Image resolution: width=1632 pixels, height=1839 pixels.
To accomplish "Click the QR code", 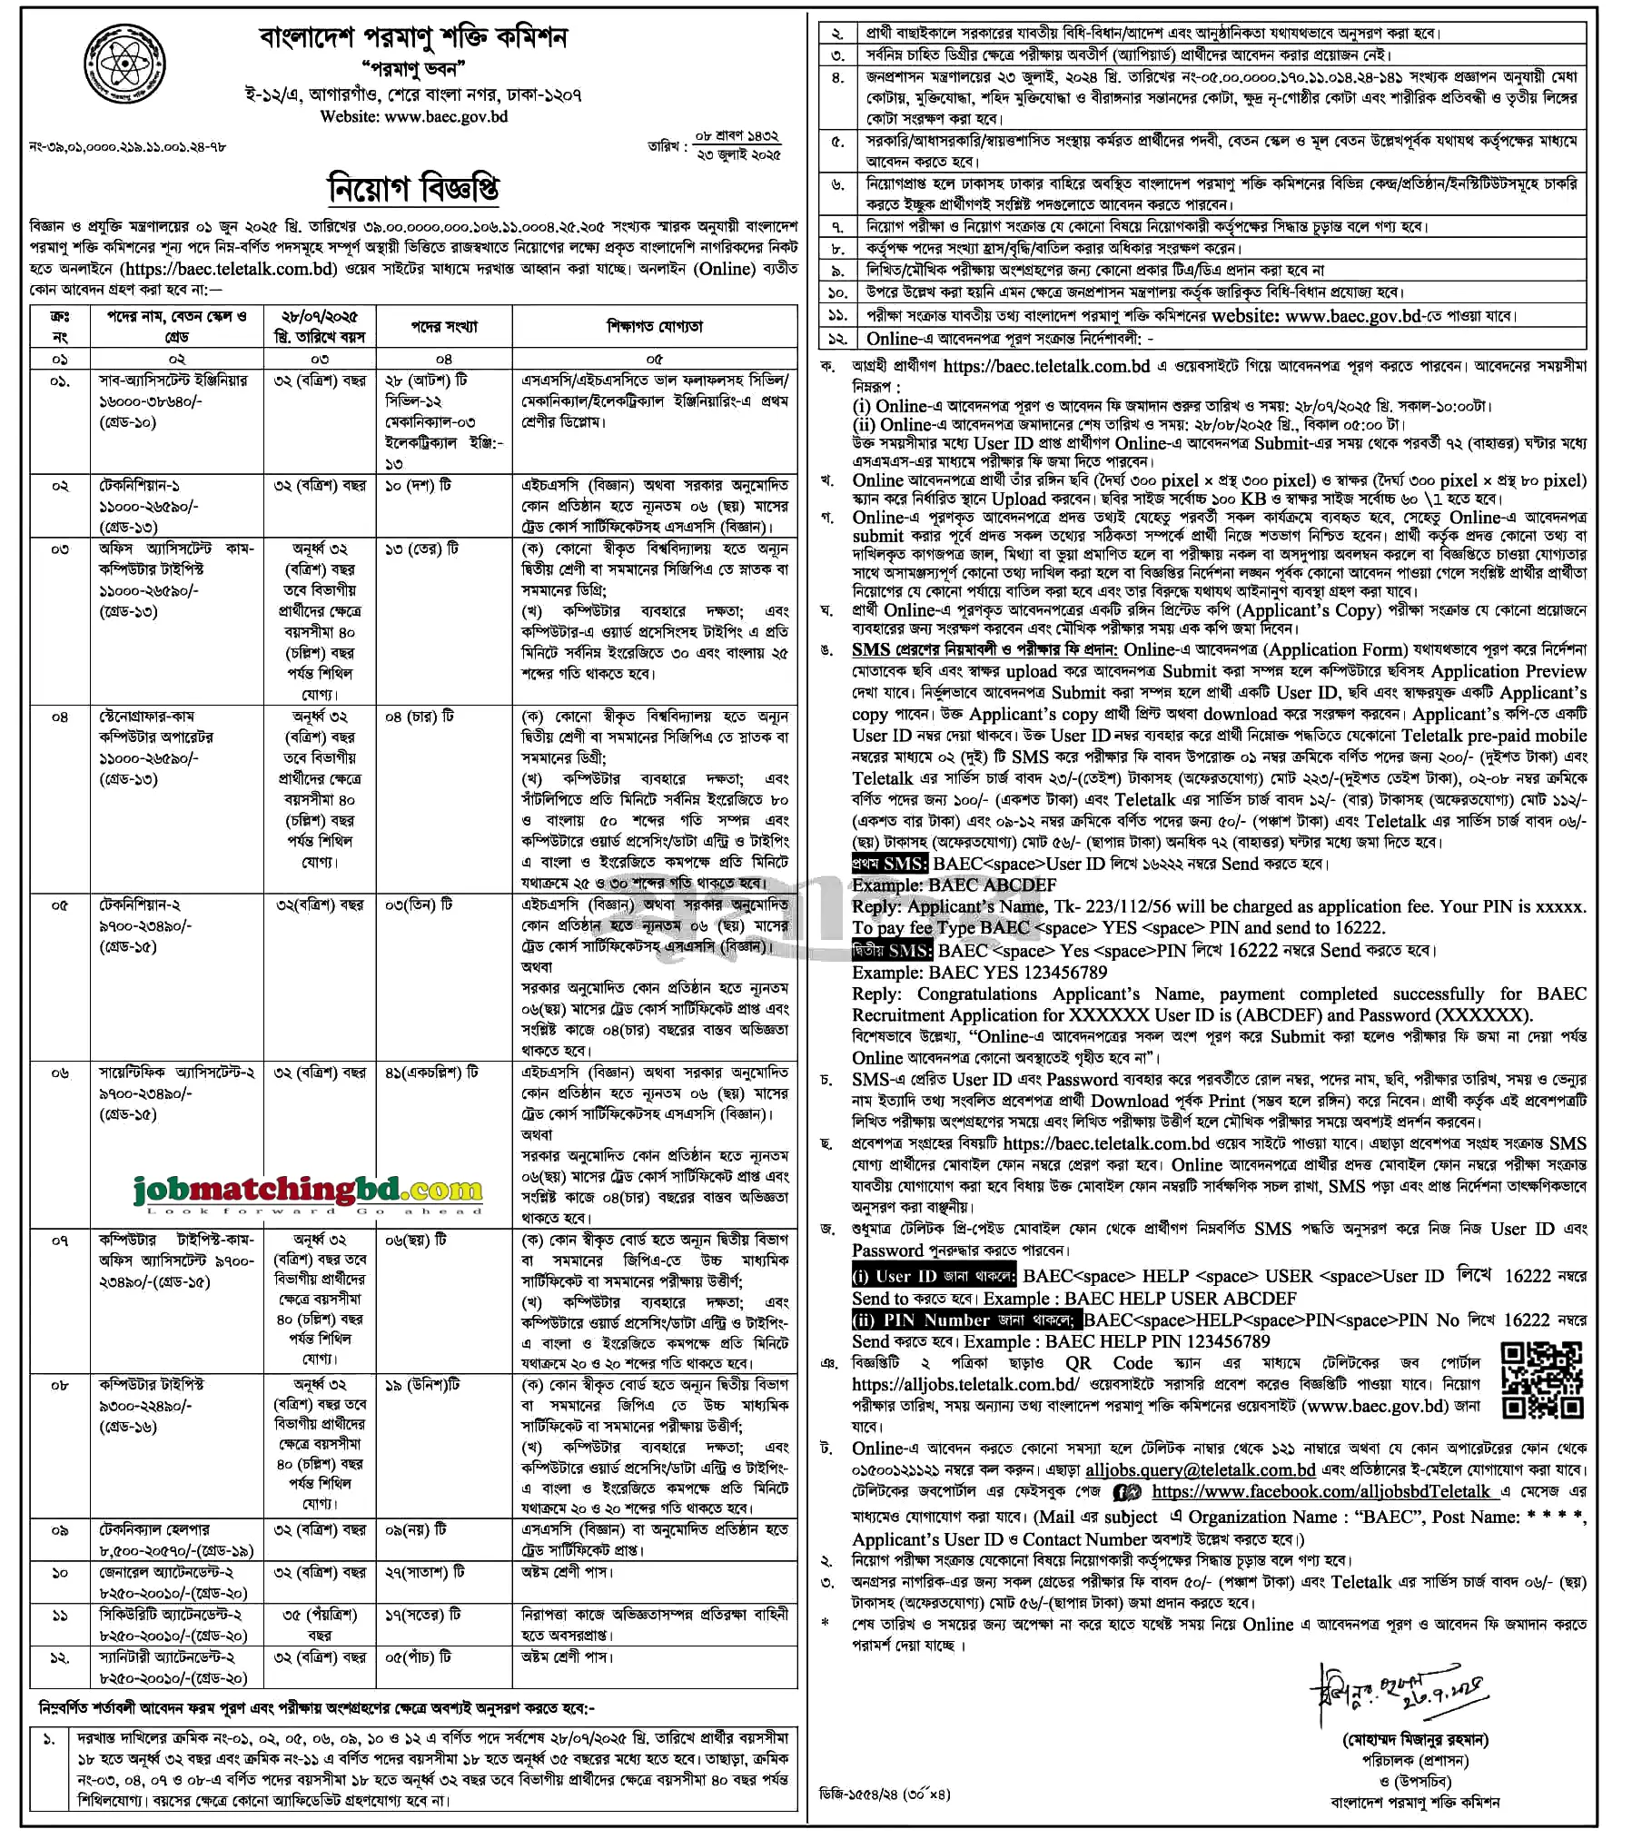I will click(x=1542, y=1380).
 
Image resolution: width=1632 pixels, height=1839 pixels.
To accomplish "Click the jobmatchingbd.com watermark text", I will click(x=308, y=1189).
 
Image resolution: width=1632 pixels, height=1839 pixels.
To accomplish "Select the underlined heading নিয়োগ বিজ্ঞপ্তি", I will click(x=413, y=189).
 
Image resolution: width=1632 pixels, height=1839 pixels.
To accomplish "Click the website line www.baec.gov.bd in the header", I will click(x=413, y=116).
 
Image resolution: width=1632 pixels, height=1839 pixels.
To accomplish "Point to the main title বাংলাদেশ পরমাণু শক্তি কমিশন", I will click(x=413, y=38).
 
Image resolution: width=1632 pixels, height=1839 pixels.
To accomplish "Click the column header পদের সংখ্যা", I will click(x=444, y=327).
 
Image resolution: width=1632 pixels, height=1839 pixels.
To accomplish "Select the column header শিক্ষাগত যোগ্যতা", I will click(x=655, y=327).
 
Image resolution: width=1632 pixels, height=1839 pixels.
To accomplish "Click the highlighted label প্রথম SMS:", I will click(x=889, y=864).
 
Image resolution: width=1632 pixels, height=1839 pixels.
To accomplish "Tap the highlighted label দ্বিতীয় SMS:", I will click(x=892, y=951).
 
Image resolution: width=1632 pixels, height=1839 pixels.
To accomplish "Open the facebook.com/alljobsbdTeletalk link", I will click(x=1320, y=1491).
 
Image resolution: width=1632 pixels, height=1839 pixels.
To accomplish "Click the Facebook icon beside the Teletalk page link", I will click(x=1126, y=1492).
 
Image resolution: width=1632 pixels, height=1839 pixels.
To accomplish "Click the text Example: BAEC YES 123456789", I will click(x=979, y=973).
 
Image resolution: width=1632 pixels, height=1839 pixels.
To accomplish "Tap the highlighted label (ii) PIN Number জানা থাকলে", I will click(x=965, y=1320).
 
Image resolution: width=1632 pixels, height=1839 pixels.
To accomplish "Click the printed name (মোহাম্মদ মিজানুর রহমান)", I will click(x=1415, y=1740).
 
